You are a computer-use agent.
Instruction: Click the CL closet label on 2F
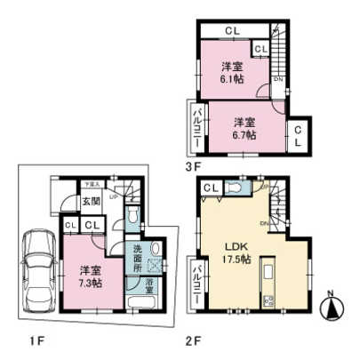(x=210, y=188)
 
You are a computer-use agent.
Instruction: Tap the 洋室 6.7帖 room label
(x=245, y=127)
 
